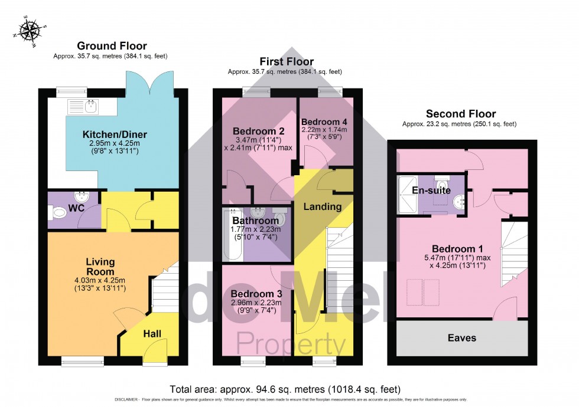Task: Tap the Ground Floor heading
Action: (112, 46)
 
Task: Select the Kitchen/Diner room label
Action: (115, 134)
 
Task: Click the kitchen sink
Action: (91, 106)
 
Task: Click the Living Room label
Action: (100, 266)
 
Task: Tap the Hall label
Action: (152, 334)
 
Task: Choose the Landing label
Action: (323, 206)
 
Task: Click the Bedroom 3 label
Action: (256, 294)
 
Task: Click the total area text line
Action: (285, 389)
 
